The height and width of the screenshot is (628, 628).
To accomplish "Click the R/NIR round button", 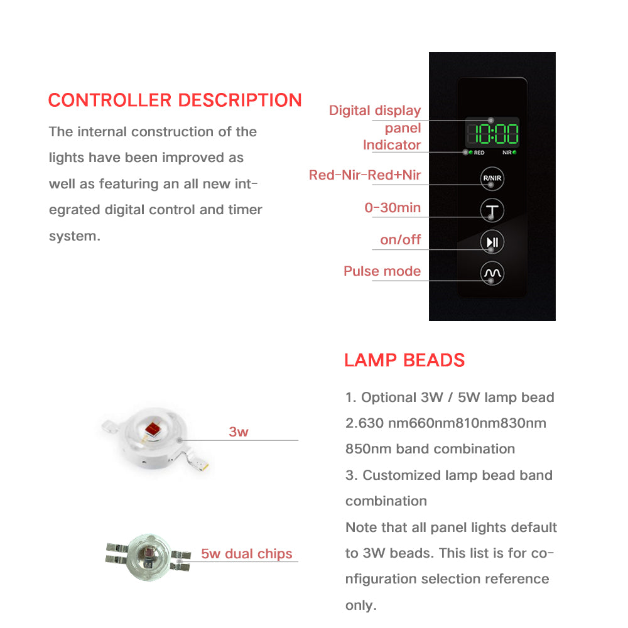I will coord(492,178).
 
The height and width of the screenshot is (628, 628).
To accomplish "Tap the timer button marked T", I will coord(492,210).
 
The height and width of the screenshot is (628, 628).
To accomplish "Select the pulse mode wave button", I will coord(492,273).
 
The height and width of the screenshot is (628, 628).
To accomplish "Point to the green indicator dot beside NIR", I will coord(514,153).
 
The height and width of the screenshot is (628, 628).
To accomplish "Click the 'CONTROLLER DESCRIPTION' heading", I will coord(175,100).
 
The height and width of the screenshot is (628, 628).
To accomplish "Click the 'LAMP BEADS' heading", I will coord(404,360).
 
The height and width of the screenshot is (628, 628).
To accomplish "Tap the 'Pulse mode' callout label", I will coord(382,271).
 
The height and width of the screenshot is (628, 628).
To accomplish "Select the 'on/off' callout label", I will coord(400,240).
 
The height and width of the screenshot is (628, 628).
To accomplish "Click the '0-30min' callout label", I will coord(392,208).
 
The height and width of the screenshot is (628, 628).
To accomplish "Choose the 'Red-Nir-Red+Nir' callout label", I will coord(364,175).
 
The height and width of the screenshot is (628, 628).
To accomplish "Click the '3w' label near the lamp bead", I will coord(239,432).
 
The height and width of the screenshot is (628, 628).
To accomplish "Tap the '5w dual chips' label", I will coord(247,554).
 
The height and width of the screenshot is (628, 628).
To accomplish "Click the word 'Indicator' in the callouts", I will coord(392,145).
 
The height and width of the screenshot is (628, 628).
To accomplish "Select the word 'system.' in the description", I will coord(75,237).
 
